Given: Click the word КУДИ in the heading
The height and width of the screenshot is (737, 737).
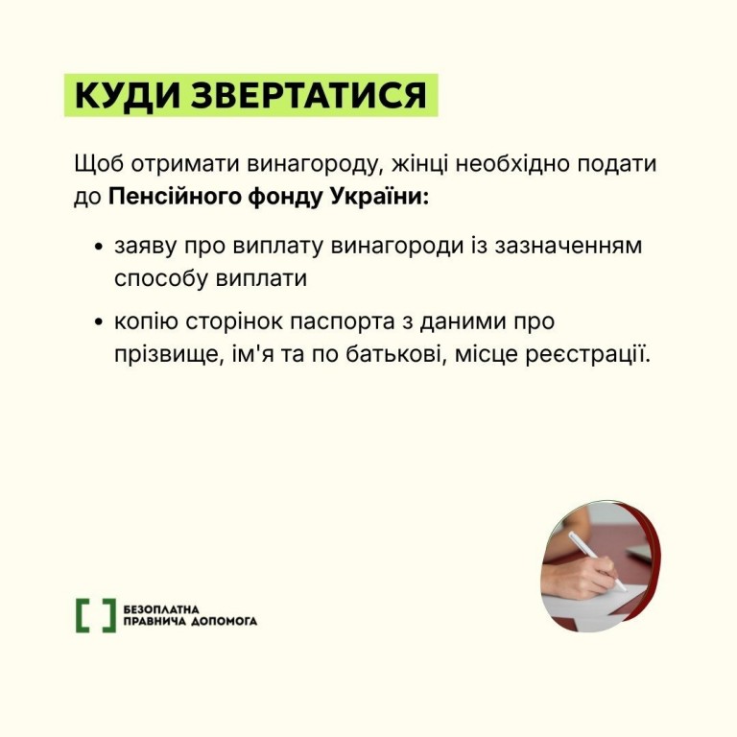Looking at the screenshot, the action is [x=128, y=95].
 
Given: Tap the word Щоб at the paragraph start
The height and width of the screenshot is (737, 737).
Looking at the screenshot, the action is [x=99, y=165].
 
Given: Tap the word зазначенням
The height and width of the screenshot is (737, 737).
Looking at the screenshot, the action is [x=568, y=247].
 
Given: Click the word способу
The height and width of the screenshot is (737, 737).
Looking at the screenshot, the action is [x=161, y=278].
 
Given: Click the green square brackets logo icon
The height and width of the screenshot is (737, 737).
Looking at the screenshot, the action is [x=95, y=615].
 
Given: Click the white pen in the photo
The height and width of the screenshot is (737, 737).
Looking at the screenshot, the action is [x=597, y=560].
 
